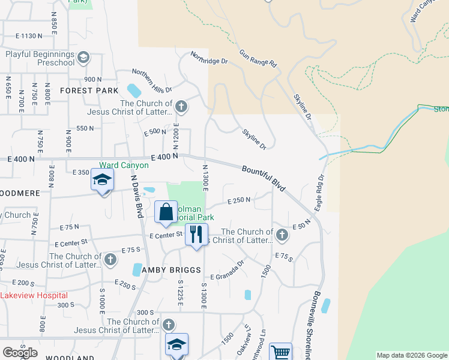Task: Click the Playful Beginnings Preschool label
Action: point(40,58)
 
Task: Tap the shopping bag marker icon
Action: point(166,212)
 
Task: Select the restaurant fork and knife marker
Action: point(196,234)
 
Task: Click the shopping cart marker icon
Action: point(280,352)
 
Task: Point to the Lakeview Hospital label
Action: point(34,295)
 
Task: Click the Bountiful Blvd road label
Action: point(264,179)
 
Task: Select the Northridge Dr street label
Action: point(209,58)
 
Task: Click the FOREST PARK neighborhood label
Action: point(89,91)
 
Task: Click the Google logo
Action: point(20,353)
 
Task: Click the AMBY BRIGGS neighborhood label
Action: point(172,270)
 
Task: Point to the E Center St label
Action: point(166,236)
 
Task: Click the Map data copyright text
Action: point(412,355)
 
